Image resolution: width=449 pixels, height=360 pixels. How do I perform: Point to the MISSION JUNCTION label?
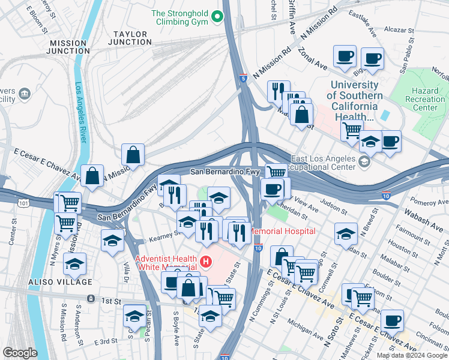pos(70,47)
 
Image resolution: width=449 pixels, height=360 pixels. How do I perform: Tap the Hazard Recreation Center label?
pos(426,98)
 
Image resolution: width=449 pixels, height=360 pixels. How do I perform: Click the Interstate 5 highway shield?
pos(243,78)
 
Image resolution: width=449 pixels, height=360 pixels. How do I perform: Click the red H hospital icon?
pos(206,262)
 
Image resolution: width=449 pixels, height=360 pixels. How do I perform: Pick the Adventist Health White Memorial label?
pos(166,262)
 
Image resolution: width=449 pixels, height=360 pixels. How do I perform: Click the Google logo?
pos(20,353)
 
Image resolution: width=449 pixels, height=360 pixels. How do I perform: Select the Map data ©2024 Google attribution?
pos(412,355)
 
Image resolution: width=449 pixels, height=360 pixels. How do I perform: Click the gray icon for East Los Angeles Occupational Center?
pos(364,162)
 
